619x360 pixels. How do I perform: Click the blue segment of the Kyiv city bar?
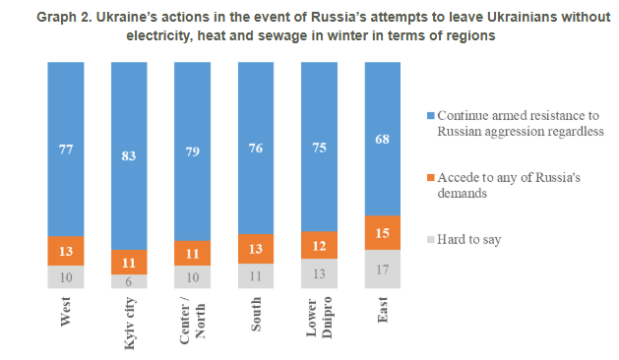click(x=129, y=156)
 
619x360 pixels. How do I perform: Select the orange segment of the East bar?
click(x=383, y=233)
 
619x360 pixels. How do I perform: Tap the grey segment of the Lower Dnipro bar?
click(x=319, y=273)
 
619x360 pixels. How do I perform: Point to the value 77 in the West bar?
click(x=66, y=150)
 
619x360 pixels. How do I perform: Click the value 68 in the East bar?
click(x=382, y=139)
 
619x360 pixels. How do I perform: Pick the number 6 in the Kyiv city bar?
click(x=129, y=281)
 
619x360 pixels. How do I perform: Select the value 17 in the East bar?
click(x=382, y=270)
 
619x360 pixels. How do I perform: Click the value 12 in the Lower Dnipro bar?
click(x=319, y=246)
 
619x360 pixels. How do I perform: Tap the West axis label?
click(x=66, y=312)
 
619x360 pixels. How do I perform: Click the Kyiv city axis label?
click(x=130, y=324)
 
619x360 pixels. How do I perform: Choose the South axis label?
click(x=256, y=314)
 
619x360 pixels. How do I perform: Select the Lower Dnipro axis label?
click(x=320, y=318)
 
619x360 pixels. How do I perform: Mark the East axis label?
click(x=383, y=310)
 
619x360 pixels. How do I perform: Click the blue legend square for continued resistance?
click(x=431, y=116)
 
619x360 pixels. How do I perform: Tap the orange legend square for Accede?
click(x=431, y=178)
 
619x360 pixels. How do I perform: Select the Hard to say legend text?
click(x=469, y=240)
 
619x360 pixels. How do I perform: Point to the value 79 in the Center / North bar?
click(x=193, y=151)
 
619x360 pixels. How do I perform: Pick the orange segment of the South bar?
click(x=256, y=249)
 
